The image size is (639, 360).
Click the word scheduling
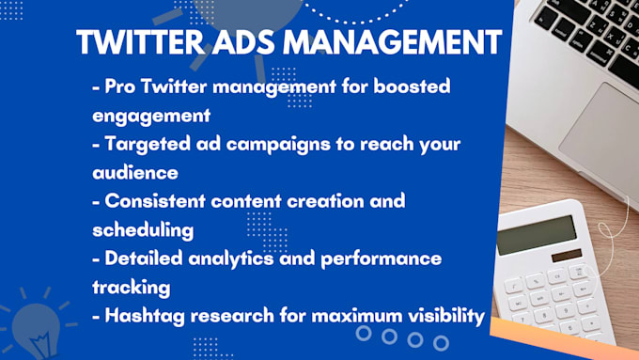pos(142,229)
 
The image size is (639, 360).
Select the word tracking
pos(131,287)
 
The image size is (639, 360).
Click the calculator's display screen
pos(537,235)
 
